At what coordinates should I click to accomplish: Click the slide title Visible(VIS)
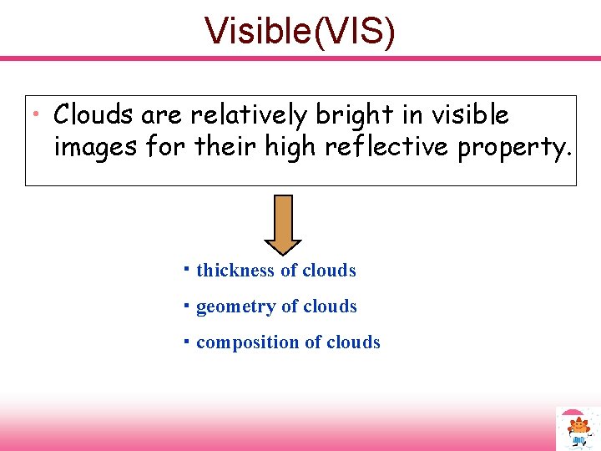click(x=300, y=31)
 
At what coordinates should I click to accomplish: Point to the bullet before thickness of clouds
click(x=187, y=269)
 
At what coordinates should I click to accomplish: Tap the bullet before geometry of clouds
click(x=187, y=305)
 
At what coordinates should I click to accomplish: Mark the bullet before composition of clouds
click(x=187, y=341)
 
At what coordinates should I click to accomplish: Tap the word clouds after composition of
click(x=353, y=342)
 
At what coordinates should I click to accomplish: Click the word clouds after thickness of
click(x=329, y=271)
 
